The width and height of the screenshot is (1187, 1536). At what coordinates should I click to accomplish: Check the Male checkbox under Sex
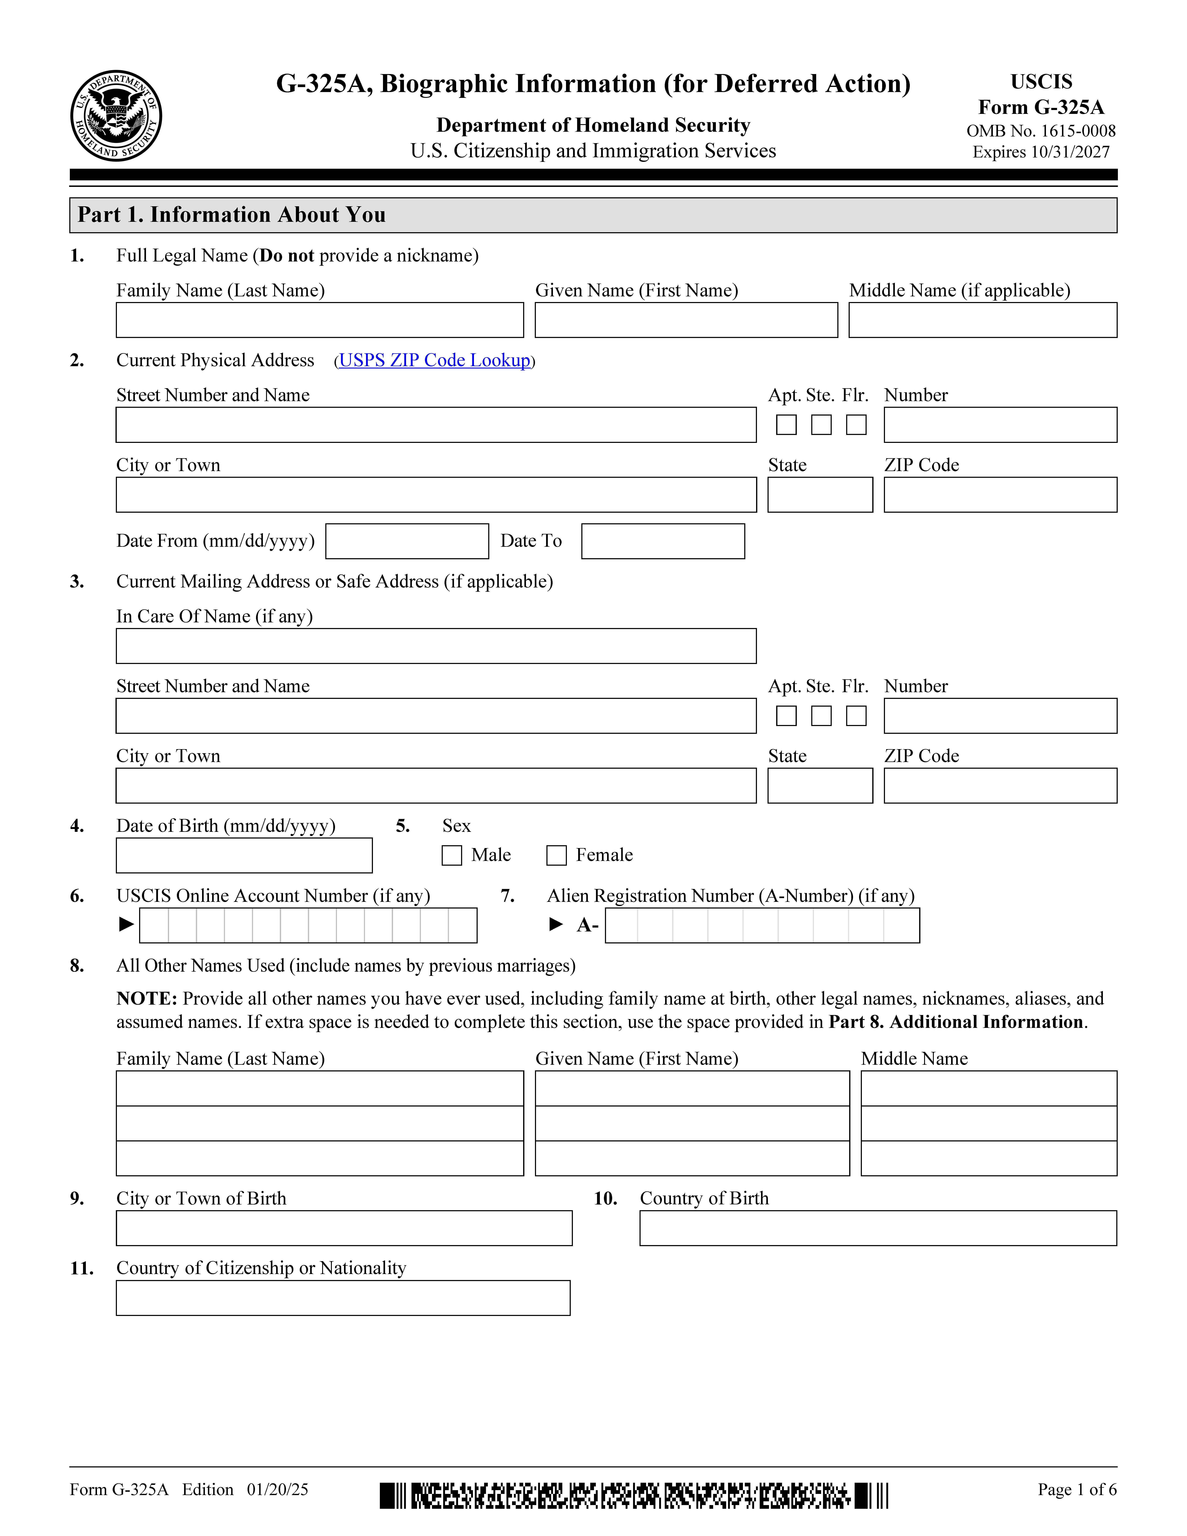click(451, 855)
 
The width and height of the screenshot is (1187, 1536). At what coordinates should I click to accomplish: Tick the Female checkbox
click(556, 855)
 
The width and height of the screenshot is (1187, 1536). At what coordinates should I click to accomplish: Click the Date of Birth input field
click(244, 855)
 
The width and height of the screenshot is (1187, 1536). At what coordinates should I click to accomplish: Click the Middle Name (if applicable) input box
click(982, 320)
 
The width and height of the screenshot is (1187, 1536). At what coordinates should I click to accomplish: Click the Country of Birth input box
click(878, 1228)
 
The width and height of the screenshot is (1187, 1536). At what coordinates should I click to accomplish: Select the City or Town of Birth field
click(344, 1228)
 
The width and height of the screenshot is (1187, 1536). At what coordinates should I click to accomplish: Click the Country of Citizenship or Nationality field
click(343, 1298)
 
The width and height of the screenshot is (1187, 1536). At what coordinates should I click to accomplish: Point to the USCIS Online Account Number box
click(308, 926)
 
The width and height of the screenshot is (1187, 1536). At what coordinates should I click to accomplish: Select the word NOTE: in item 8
click(146, 999)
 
